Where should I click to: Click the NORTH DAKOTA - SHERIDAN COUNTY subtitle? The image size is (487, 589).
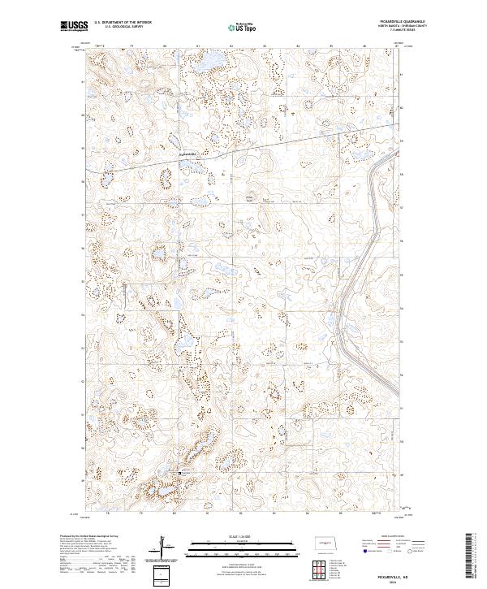(x=403, y=27)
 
